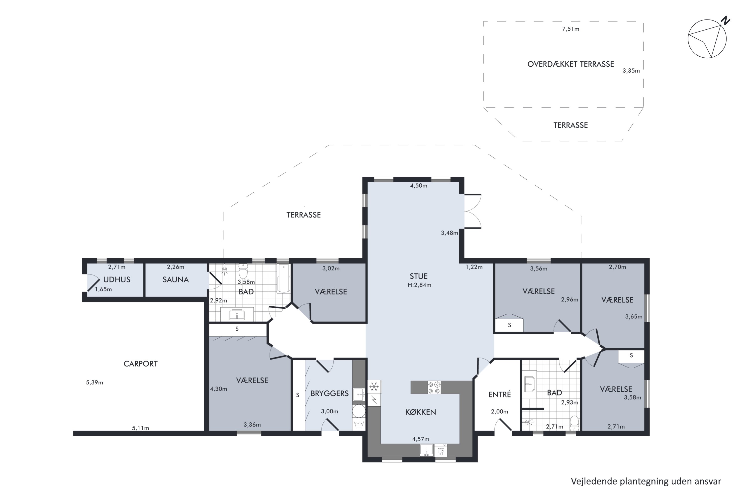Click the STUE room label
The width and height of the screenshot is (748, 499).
point(419,276)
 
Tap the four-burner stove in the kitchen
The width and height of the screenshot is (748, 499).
point(434,388)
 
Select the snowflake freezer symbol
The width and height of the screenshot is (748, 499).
point(374,387)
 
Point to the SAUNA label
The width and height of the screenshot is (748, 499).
point(176,280)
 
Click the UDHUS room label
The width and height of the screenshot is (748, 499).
point(117,280)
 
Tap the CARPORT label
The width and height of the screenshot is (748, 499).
point(141,364)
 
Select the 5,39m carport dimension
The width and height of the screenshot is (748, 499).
point(94,382)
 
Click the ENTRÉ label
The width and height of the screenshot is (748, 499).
point(500,395)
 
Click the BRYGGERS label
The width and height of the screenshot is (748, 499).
point(329,393)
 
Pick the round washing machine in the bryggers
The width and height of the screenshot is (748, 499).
point(359,411)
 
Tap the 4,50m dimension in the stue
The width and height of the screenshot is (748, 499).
point(419,186)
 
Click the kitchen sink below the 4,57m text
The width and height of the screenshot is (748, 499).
point(426,450)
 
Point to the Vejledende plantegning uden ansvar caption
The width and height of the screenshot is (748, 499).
point(646,481)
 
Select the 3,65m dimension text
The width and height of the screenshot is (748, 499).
point(634,317)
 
